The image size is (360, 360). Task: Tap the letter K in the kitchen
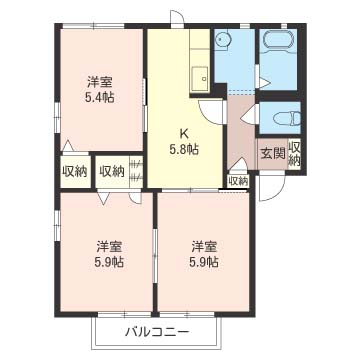(x=184, y=132)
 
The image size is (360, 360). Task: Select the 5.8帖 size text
(x=184, y=149)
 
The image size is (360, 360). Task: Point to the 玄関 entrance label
(x=272, y=153)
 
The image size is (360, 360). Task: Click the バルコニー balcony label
(x=157, y=331)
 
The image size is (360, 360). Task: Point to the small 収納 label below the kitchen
(x=237, y=181)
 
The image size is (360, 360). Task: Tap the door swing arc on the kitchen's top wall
(x=176, y=20)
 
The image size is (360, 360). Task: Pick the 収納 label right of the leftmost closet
(x=111, y=172)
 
